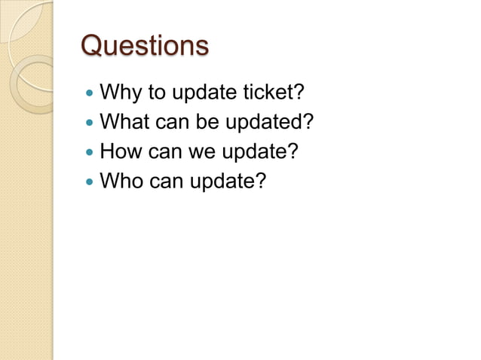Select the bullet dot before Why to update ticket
click(90, 95)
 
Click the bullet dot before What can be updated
click(90, 124)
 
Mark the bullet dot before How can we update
click(90, 152)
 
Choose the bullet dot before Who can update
click(90, 182)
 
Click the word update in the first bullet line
click(204, 94)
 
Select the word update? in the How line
click(259, 152)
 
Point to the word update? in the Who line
click(227, 182)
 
